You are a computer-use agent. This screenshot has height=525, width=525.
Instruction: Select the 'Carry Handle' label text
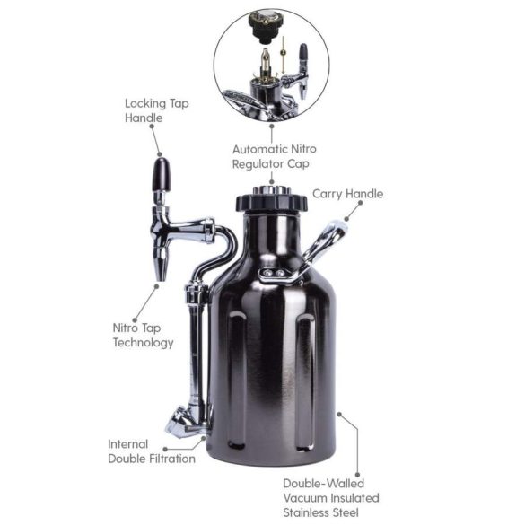click(x=346, y=194)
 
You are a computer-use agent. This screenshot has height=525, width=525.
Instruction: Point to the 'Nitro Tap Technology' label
click(x=143, y=335)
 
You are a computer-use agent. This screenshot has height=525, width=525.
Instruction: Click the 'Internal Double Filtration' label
click(x=152, y=451)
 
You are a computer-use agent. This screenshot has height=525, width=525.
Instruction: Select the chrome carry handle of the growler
click(x=325, y=241)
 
